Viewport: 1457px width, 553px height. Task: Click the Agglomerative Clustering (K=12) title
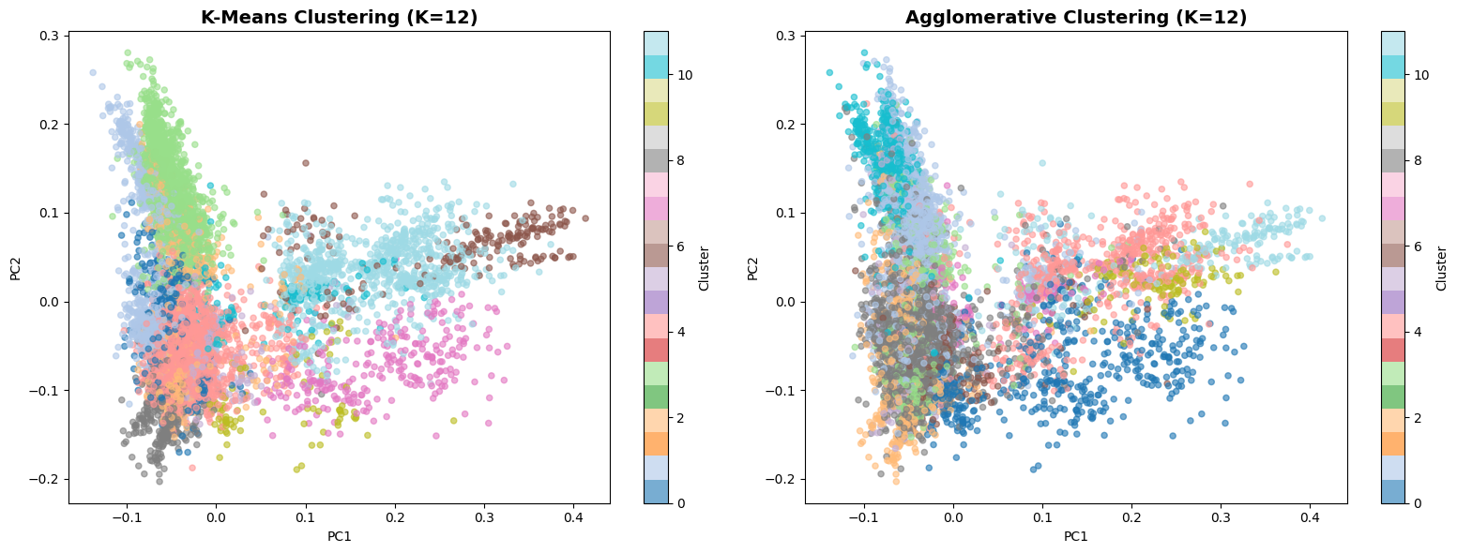pyautogui.click(x=1075, y=18)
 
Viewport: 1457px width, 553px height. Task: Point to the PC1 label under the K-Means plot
pyautogui.click(x=339, y=537)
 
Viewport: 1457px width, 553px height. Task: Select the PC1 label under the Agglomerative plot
pyautogui.click(x=1075, y=537)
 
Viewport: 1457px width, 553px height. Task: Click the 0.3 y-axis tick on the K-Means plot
pyautogui.click(x=48, y=36)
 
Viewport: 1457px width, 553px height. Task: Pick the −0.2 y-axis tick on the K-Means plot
pyautogui.click(x=44, y=479)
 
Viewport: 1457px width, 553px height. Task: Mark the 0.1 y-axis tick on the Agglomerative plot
pyautogui.click(x=784, y=213)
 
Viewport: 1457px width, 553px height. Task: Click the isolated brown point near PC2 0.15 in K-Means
pyautogui.click(x=305, y=163)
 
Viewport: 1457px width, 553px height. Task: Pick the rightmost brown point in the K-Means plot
pyautogui.click(x=585, y=218)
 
